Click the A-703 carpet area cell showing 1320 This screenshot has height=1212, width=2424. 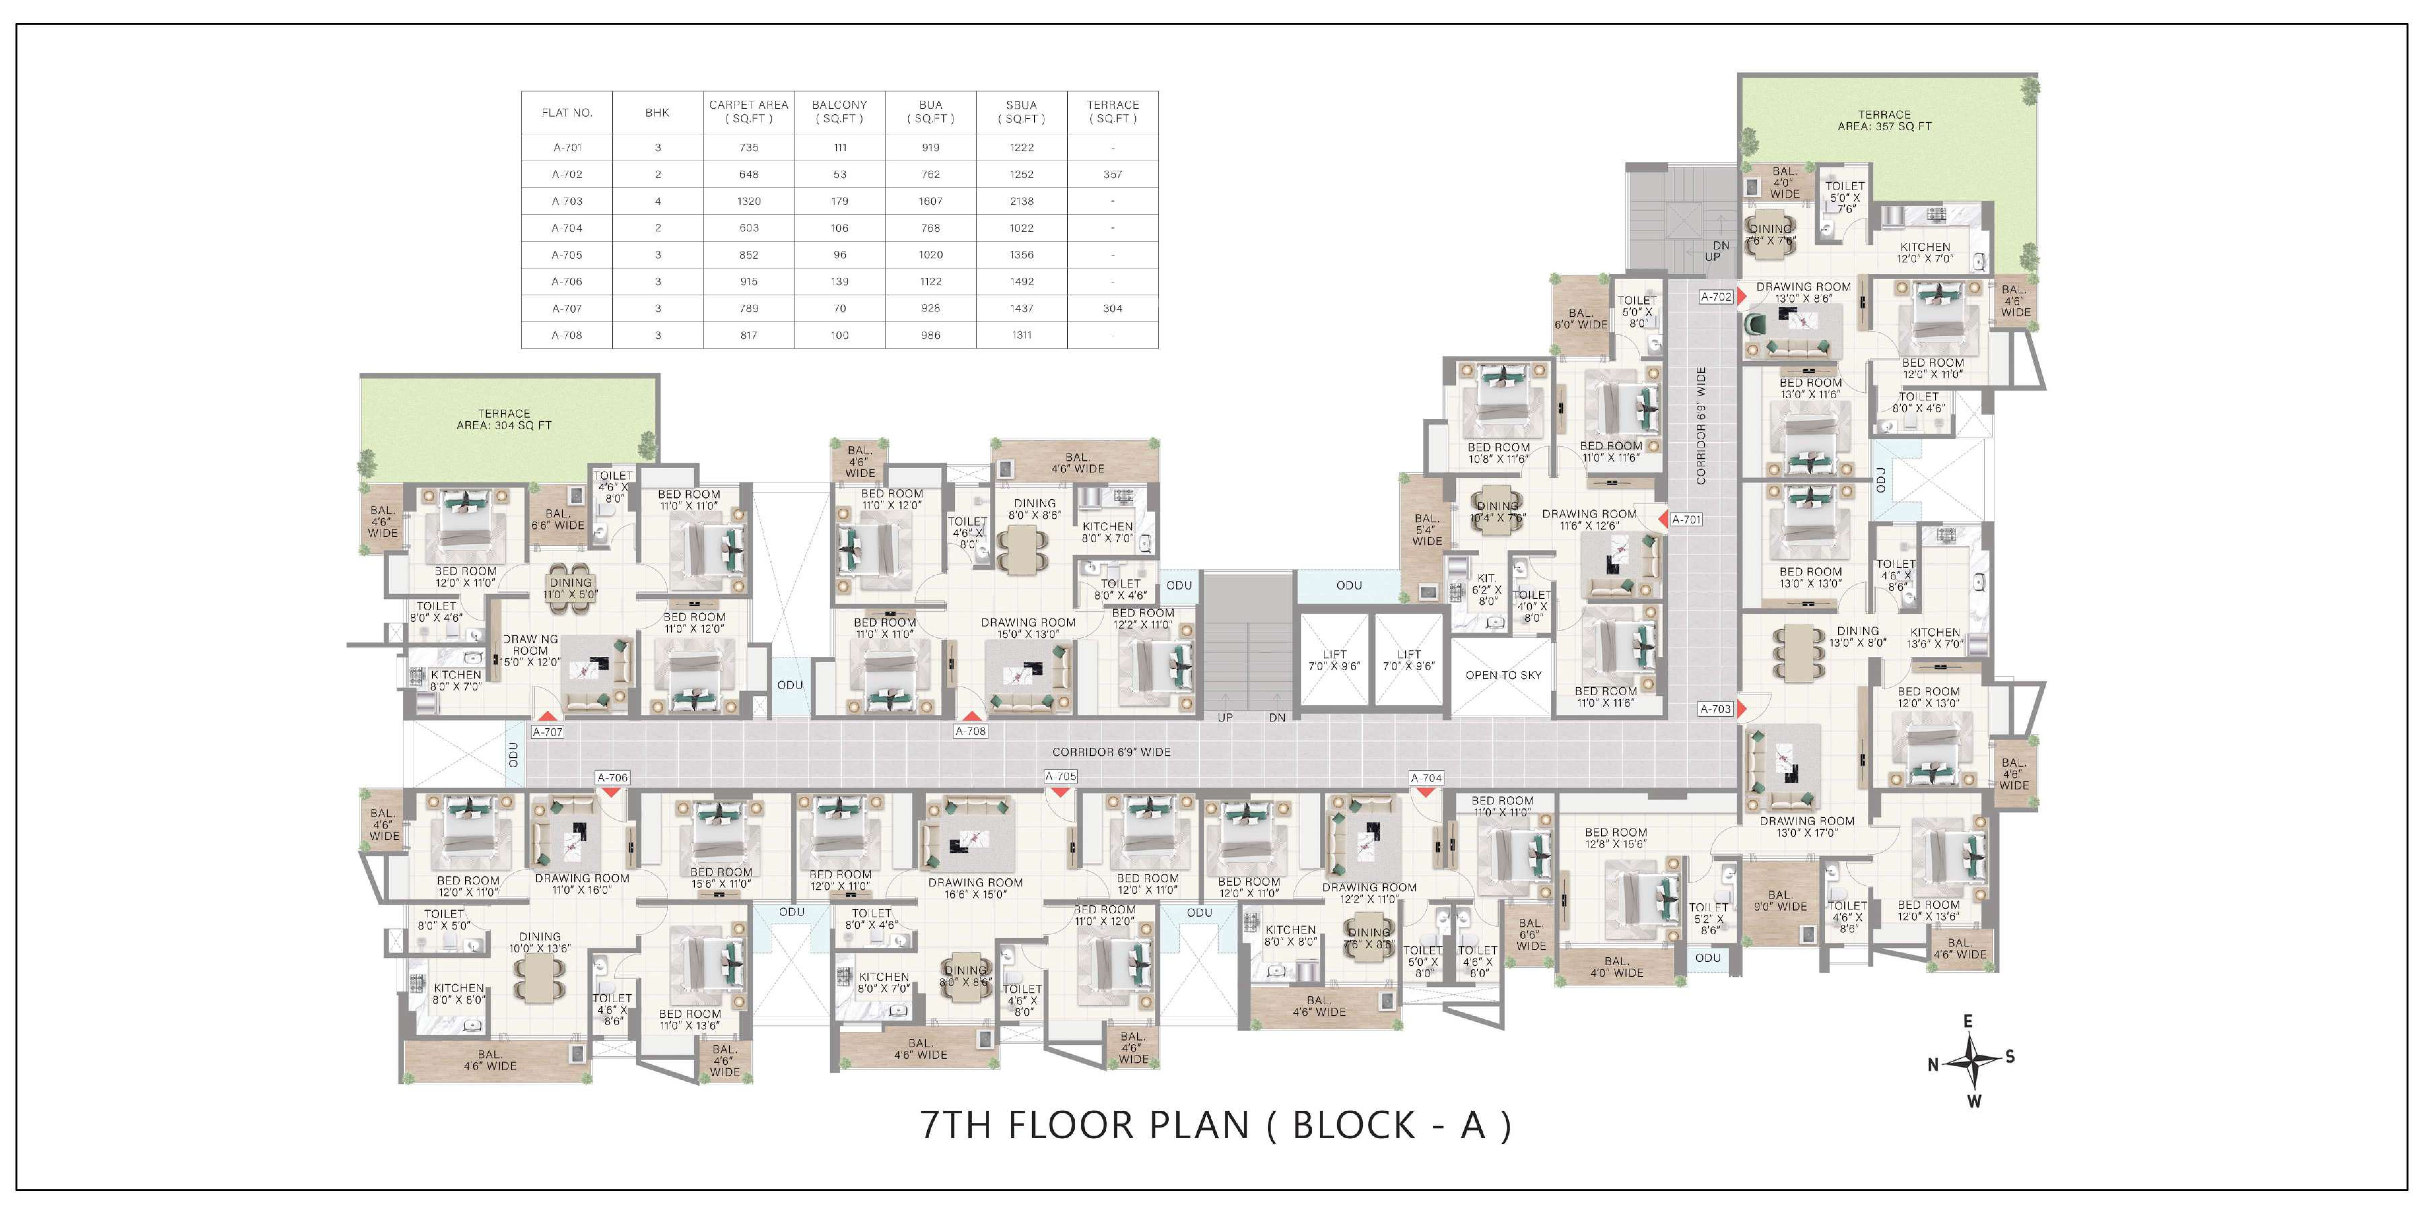point(749,201)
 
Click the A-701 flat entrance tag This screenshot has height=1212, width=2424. point(1686,519)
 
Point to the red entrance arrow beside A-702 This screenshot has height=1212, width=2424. point(1742,296)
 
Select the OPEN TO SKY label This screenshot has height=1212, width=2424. point(1504,675)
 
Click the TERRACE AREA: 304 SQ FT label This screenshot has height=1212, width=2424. point(504,420)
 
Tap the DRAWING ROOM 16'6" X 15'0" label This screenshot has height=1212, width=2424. point(975,888)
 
